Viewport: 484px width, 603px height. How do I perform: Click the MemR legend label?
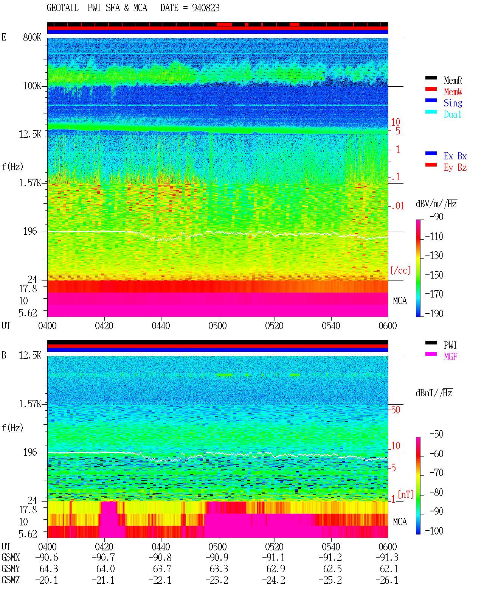453,80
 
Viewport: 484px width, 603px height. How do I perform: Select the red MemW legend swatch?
431,89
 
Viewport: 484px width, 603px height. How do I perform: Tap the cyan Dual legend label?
452,114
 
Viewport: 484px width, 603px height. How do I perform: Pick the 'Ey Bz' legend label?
455,168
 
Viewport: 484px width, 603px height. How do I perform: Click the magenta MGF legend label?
450,357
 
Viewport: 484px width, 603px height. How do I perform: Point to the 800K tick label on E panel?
32,37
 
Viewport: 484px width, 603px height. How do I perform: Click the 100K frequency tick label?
32,86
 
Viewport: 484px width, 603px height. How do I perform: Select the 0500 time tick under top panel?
217,326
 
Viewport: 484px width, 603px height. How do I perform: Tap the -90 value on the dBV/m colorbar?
436,217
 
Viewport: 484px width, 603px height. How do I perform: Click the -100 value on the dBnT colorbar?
434,531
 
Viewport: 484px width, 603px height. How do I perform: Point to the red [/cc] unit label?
400,270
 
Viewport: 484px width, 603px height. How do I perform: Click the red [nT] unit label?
406,494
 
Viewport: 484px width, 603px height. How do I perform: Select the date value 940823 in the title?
206,8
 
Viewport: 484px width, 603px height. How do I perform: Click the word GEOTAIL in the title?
63,8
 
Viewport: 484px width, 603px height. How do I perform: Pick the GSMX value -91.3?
387,558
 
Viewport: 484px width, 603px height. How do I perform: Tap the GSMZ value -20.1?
47,580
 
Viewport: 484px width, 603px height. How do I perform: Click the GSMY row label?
11,569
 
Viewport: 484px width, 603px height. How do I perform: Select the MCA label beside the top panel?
400,301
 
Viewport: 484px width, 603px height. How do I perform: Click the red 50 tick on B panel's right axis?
396,410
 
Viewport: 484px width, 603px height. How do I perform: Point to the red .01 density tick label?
397,206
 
